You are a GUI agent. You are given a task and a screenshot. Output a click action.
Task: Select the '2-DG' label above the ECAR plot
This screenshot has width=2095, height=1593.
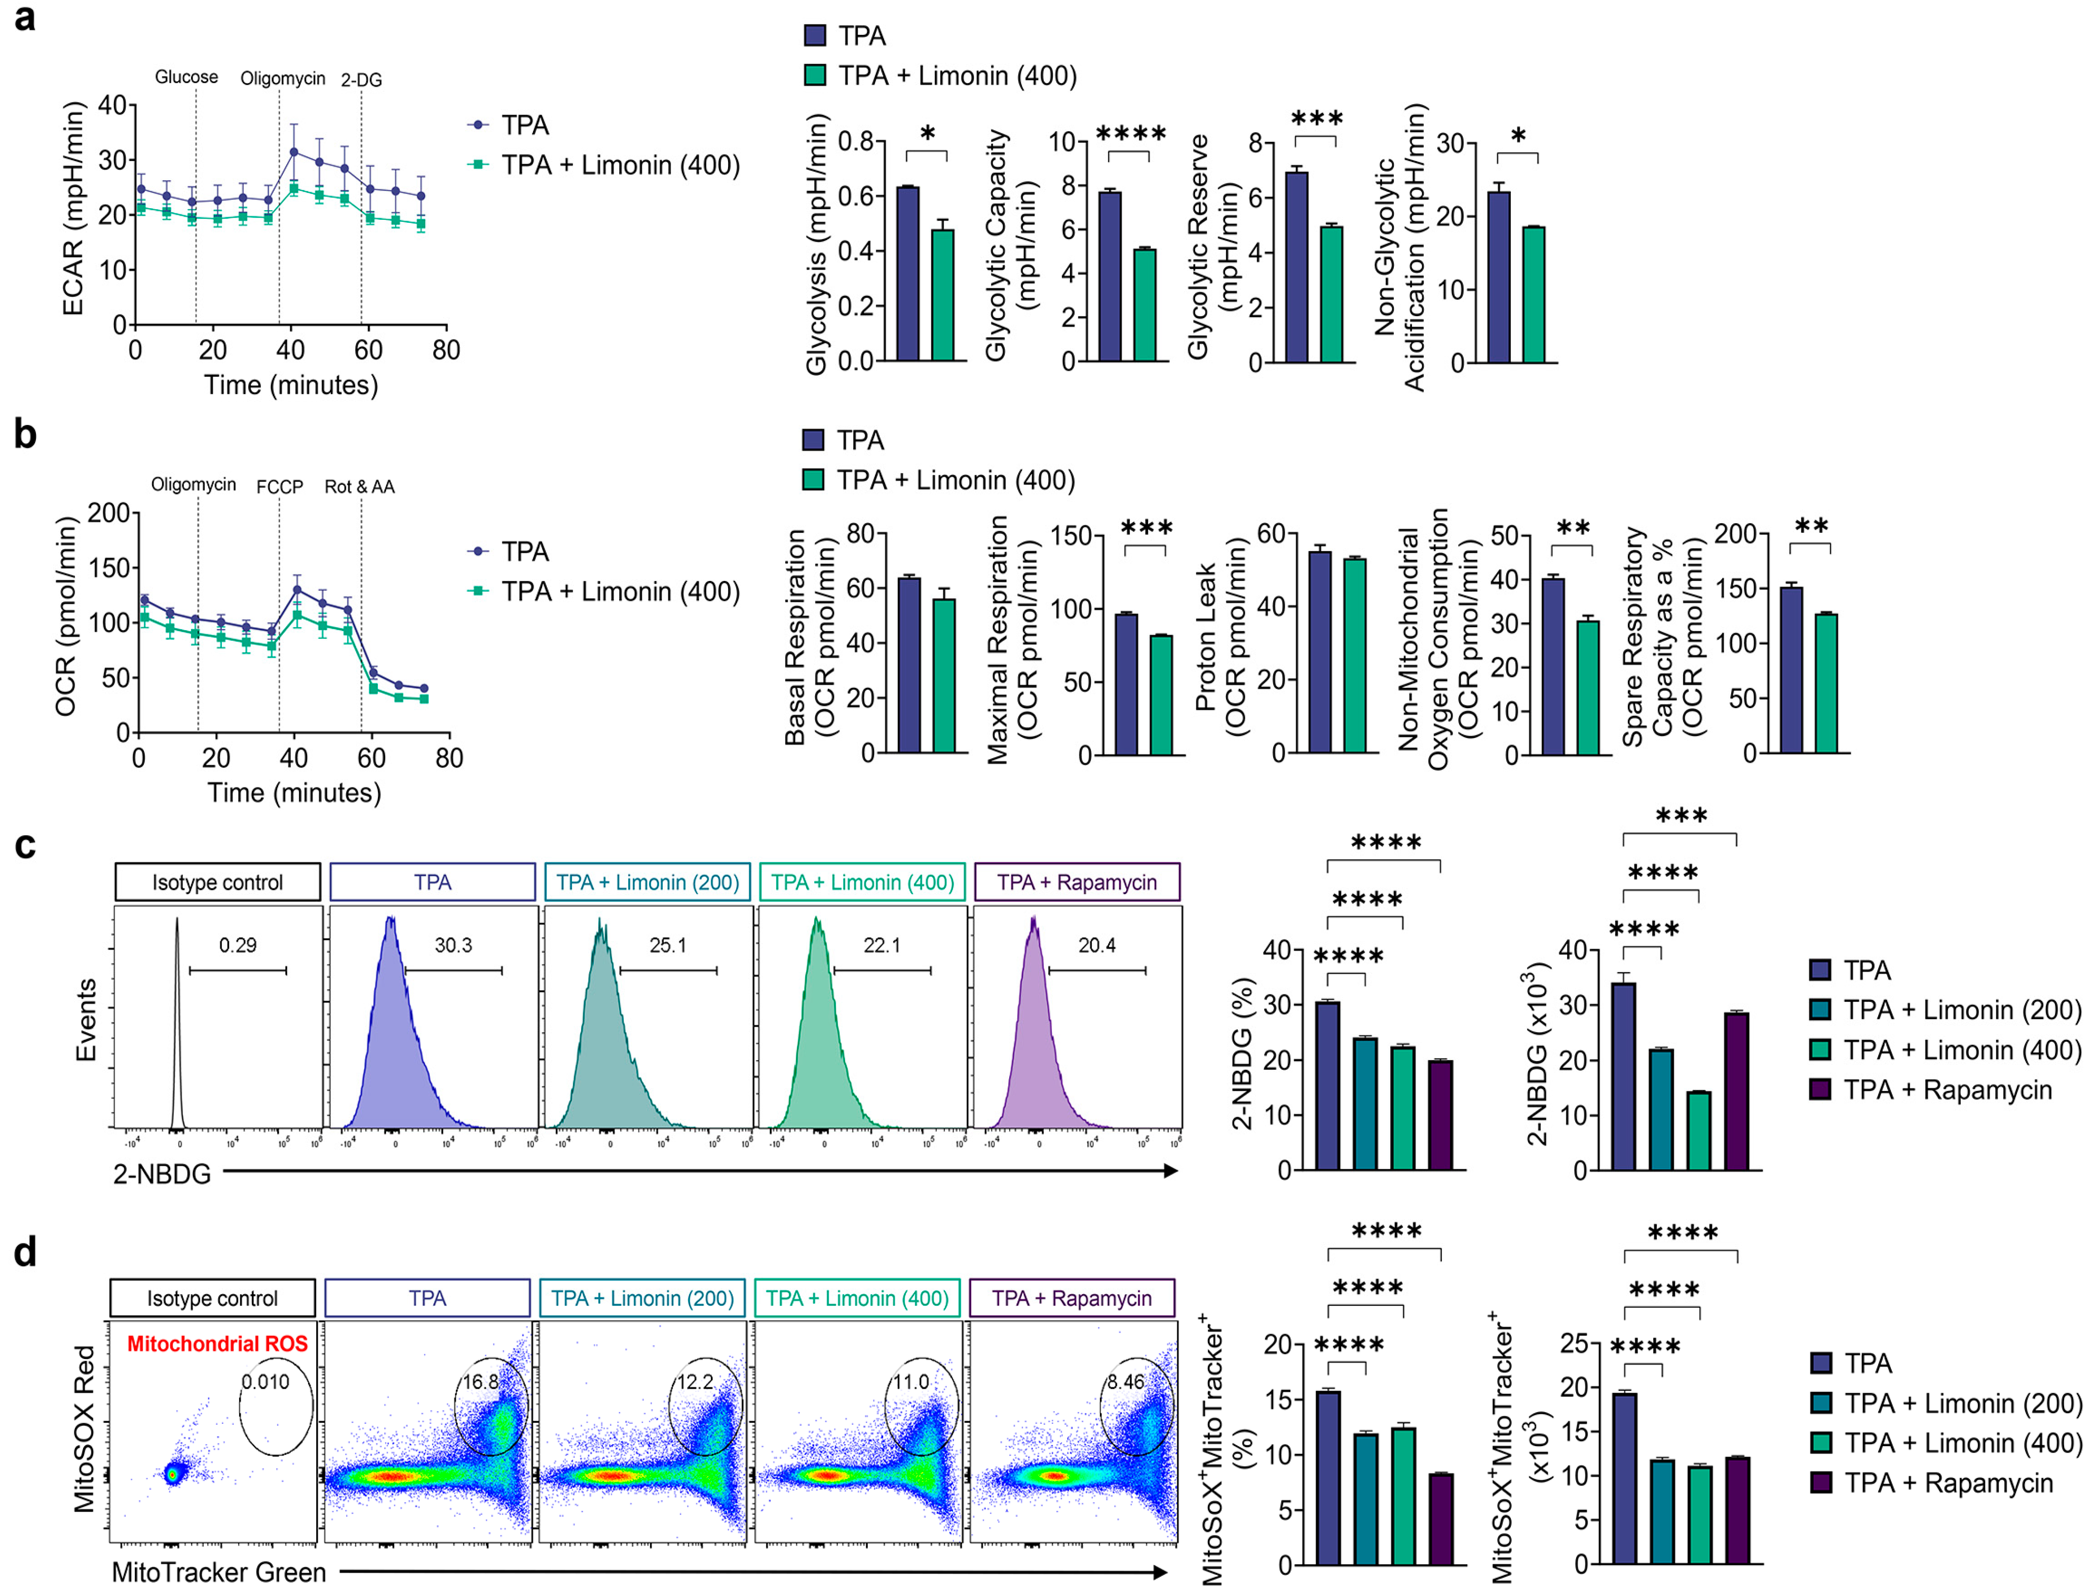pos(361,80)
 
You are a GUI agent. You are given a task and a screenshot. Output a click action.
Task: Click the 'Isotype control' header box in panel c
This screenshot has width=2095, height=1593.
pos(217,882)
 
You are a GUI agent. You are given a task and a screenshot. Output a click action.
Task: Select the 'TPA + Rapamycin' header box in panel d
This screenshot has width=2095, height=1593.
pos(1072,1298)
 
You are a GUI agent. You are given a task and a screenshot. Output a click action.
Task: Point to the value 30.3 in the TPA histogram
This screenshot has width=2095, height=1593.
pos(453,945)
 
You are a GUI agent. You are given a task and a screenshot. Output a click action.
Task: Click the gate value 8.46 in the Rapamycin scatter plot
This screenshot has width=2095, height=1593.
pos(1126,1382)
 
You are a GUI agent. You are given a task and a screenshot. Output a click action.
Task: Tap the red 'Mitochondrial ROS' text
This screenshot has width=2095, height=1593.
pos(217,1344)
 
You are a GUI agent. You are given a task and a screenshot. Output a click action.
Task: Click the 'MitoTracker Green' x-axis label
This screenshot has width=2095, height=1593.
pos(218,1572)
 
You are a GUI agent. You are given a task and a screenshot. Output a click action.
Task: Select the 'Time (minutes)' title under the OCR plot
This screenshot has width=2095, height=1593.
pos(294,793)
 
